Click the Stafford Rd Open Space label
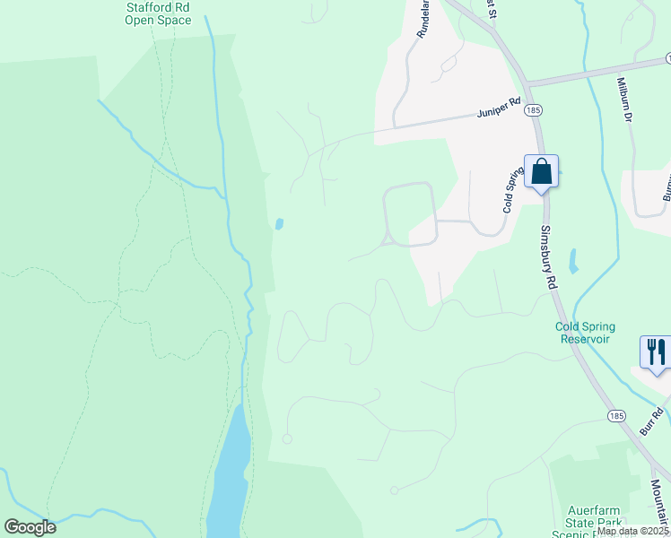click(x=158, y=13)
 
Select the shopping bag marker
click(x=542, y=170)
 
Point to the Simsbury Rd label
click(x=550, y=256)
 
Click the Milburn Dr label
click(x=625, y=99)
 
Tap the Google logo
click(x=30, y=527)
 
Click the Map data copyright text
click(x=633, y=531)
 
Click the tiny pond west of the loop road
click(x=280, y=224)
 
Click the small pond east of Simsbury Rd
click(x=573, y=261)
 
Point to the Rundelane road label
click(x=424, y=18)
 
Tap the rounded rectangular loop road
click(x=410, y=213)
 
